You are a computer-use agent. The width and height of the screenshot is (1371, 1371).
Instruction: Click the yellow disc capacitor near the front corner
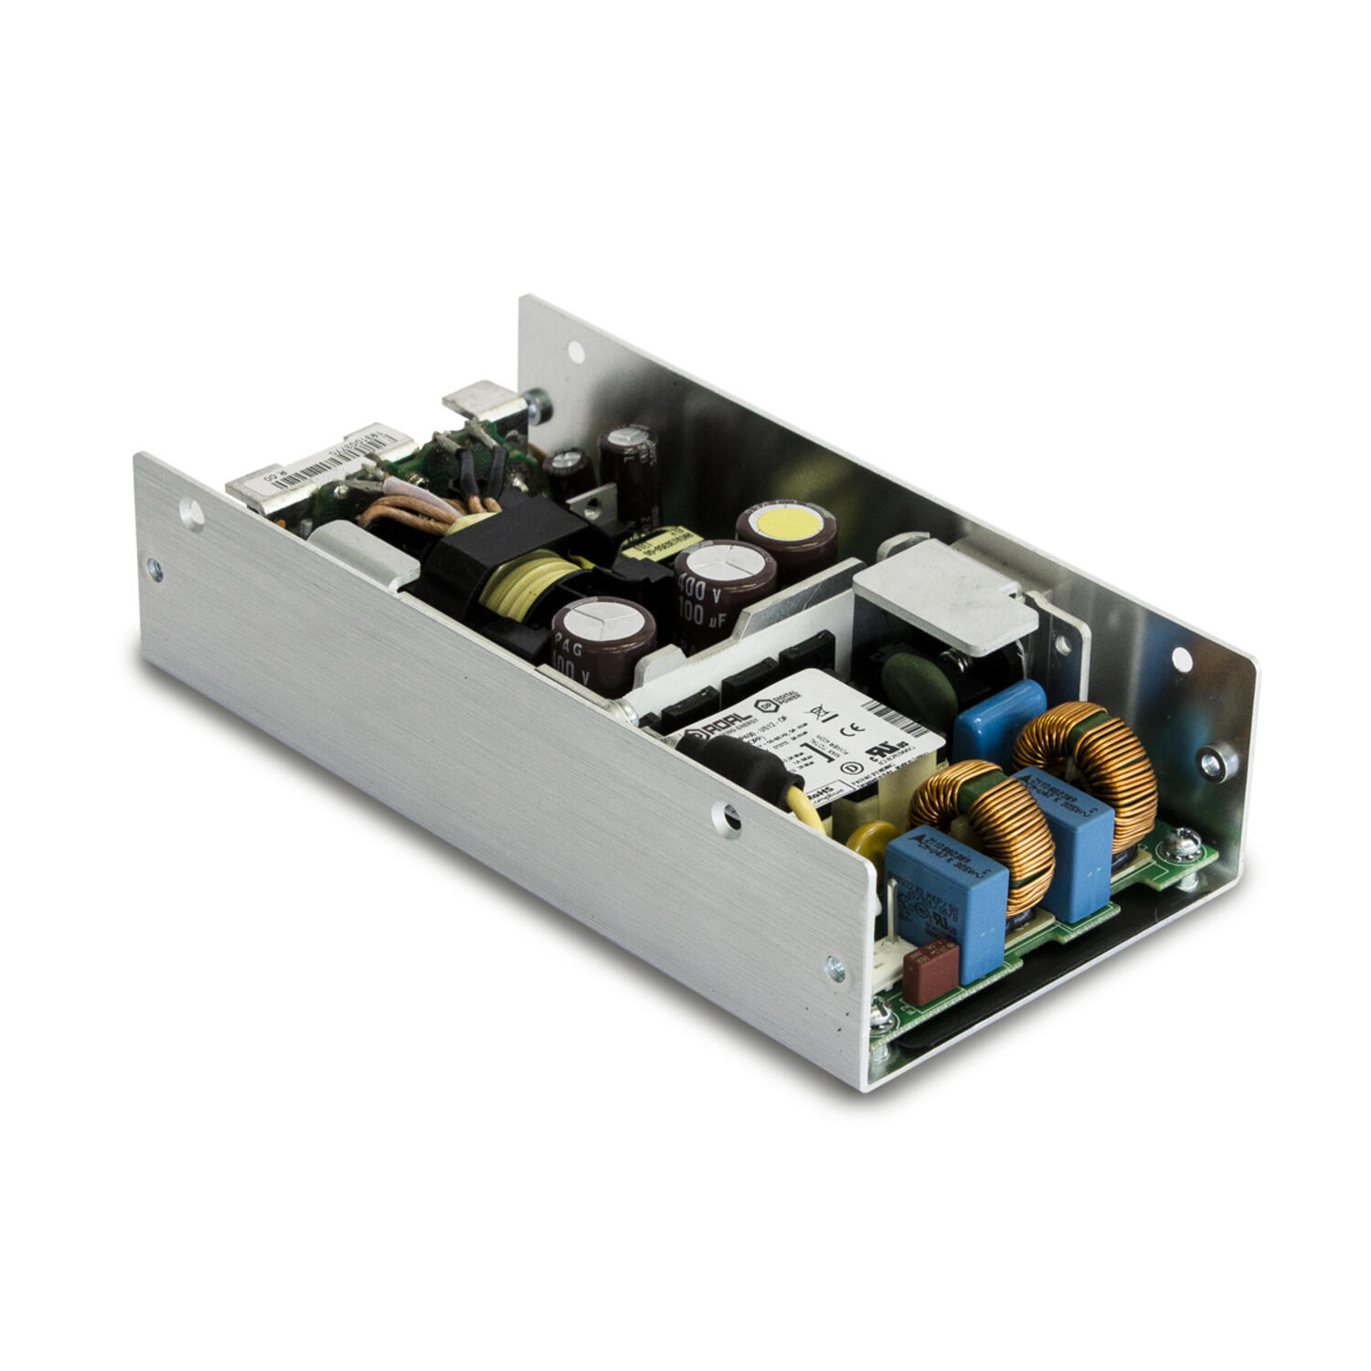click(x=874, y=845)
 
